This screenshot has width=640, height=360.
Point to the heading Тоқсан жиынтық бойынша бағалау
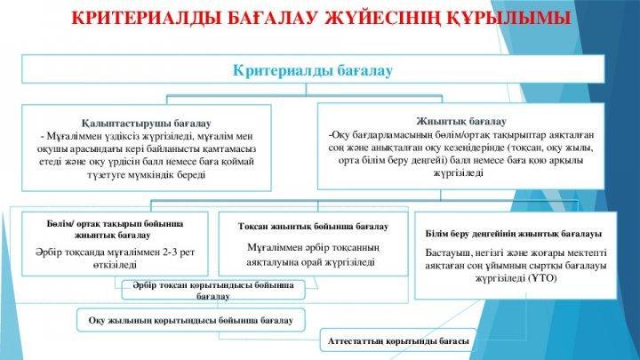coord(313,226)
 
